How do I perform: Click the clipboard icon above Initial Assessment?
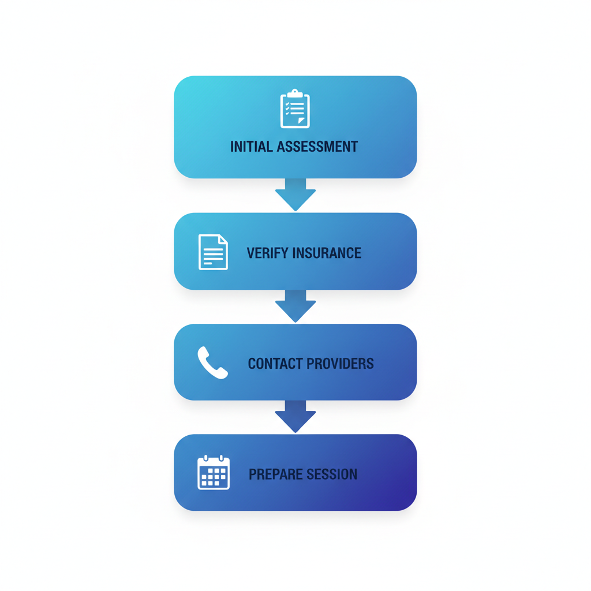click(295, 109)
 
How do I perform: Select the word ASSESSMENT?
click(317, 147)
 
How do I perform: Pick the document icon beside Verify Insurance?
click(213, 252)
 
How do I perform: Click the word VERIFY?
click(267, 253)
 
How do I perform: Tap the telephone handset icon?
click(212, 363)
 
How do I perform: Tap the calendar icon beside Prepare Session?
click(214, 473)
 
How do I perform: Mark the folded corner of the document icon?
click(223, 240)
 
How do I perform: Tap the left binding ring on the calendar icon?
click(206, 458)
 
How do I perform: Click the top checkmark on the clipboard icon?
click(287, 104)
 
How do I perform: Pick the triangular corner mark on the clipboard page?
click(301, 121)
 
